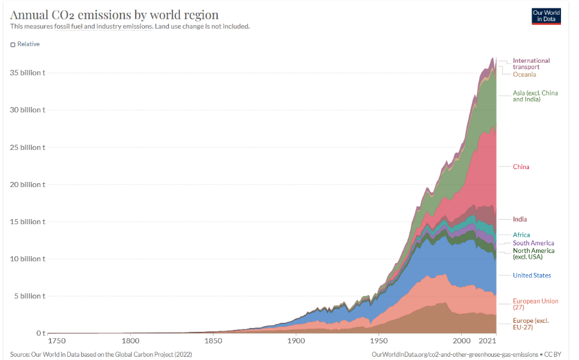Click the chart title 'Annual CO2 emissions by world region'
[114, 15]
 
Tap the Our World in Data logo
[546, 16]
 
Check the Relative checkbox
[13, 44]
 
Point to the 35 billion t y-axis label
[27, 73]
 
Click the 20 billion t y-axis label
[27, 184]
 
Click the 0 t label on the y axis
[40, 333]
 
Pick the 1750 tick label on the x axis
[56, 341]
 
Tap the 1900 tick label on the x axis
[296, 341]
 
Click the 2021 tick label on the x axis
[488, 341]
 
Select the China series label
[521, 167]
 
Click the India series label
[519, 220]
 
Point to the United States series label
[532, 275]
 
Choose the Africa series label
[521, 235]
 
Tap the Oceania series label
[524, 75]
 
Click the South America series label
[533, 243]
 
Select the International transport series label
[531, 63]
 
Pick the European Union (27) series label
[535, 304]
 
